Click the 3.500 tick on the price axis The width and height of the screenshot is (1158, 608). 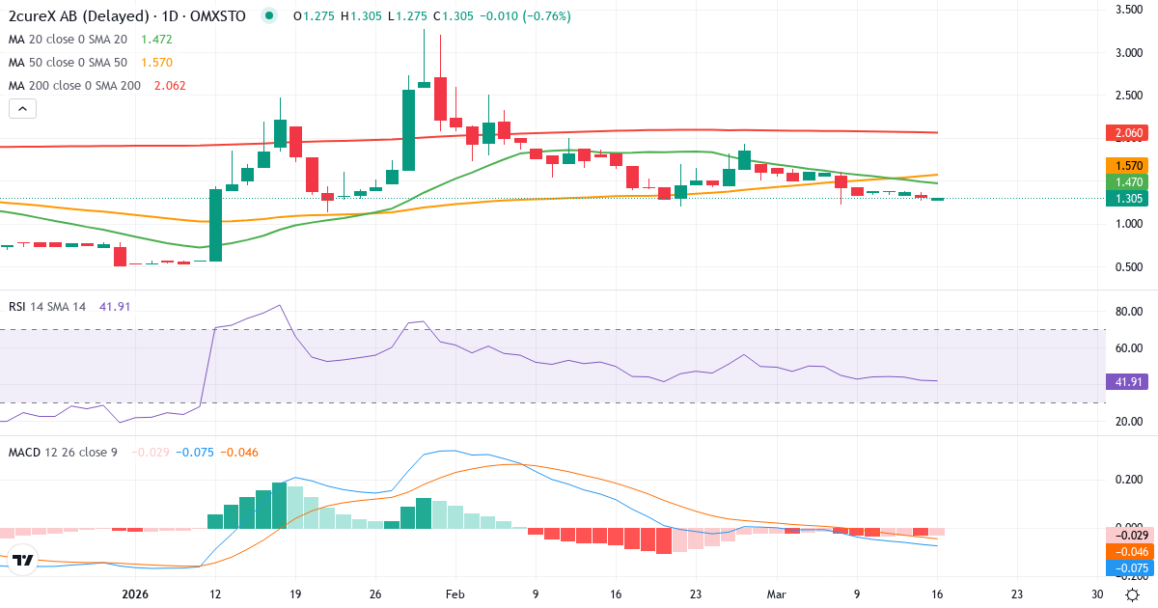pos(1129,10)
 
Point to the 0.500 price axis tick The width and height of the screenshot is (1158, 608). pos(1129,267)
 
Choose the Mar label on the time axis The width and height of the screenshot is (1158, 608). pos(776,594)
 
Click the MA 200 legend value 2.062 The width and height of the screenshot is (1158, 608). pos(164,86)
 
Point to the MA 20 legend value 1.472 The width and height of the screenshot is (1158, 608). pos(156,40)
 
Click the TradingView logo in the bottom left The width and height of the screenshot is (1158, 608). pos(23,559)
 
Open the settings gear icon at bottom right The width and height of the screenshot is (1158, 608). pos(1134,594)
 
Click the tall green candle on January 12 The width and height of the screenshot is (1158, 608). pos(215,225)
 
